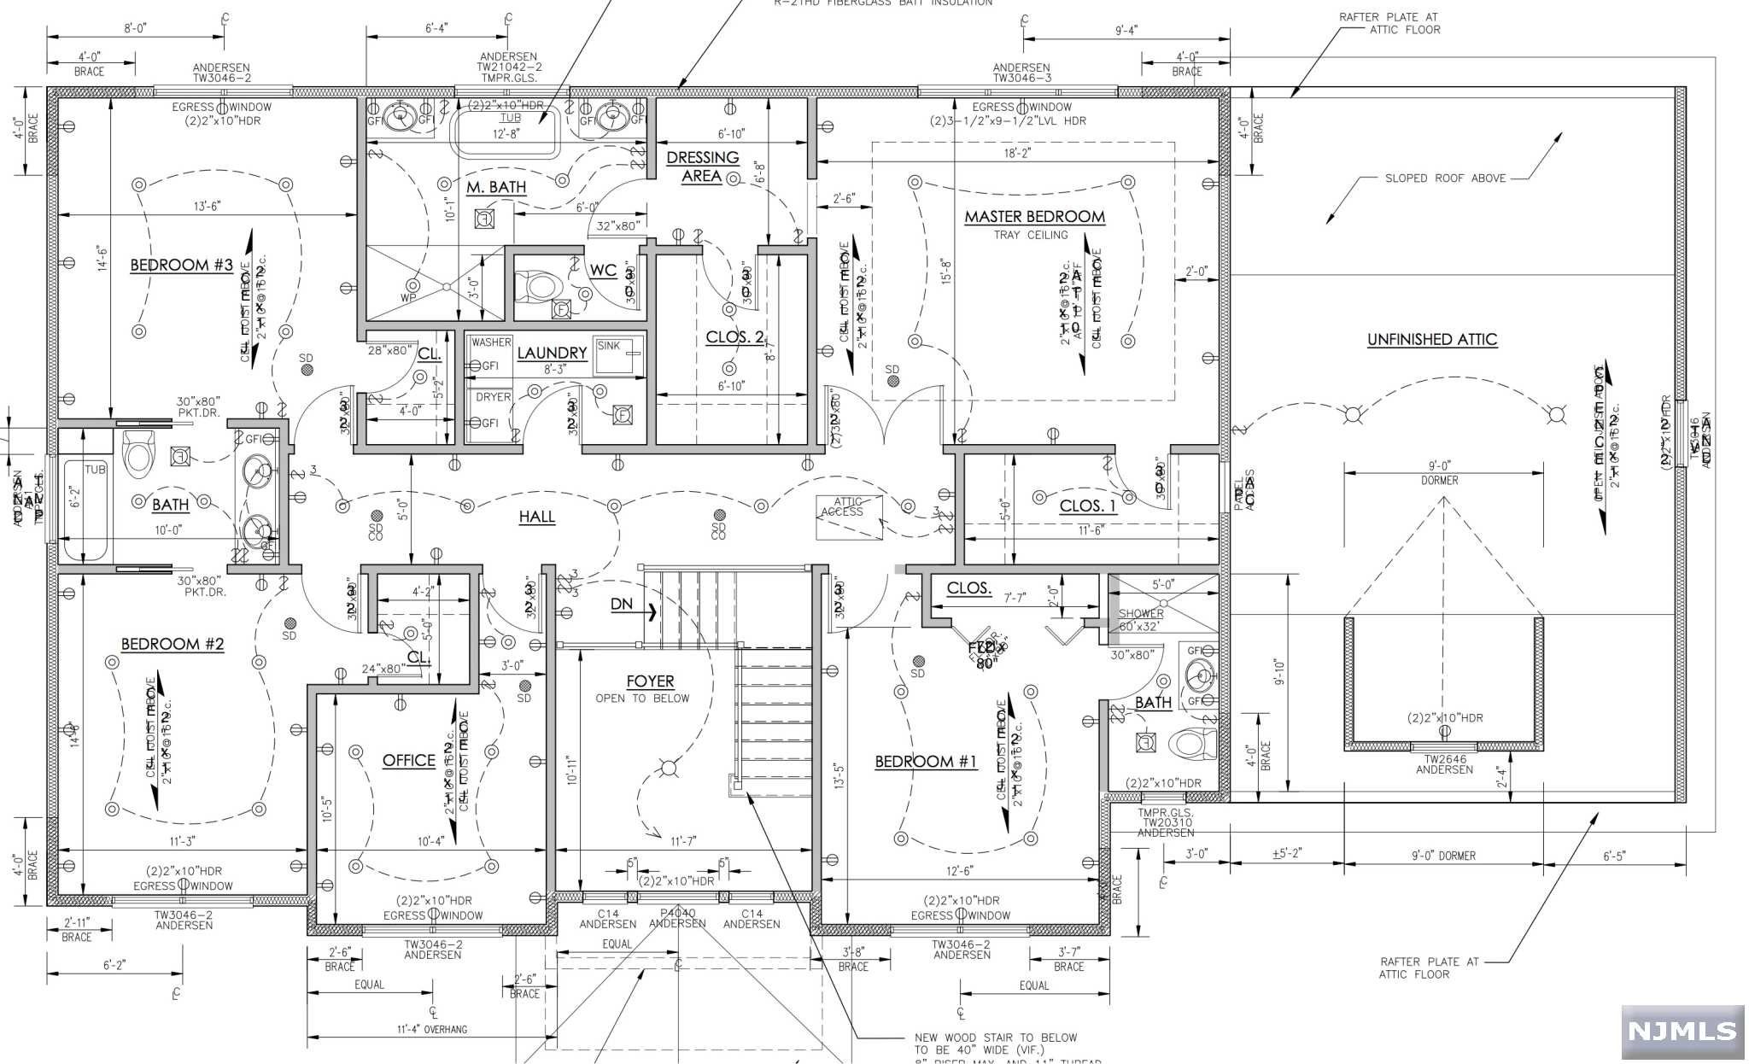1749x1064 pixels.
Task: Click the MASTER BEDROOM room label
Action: (x=1034, y=217)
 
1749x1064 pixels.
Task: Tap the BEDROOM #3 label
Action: (x=181, y=265)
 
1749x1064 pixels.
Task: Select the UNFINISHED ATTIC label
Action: (x=1432, y=339)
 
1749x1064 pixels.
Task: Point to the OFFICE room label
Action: (x=408, y=760)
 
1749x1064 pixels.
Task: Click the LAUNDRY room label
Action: (x=552, y=353)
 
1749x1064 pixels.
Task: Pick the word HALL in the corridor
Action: (x=536, y=517)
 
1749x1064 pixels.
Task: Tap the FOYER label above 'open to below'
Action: (x=650, y=681)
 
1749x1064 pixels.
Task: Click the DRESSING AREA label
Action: (x=702, y=167)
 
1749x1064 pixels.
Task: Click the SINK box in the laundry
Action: (x=616, y=357)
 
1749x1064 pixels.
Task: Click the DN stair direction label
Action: (x=622, y=604)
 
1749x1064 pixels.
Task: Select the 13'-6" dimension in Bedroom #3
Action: (x=208, y=206)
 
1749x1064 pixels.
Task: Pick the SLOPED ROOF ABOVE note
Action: (x=1445, y=178)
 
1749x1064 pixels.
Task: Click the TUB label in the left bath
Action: (x=95, y=470)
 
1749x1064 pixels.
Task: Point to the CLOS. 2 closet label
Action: (x=734, y=337)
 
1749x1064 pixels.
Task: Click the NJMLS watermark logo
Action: (x=1682, y=1031)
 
